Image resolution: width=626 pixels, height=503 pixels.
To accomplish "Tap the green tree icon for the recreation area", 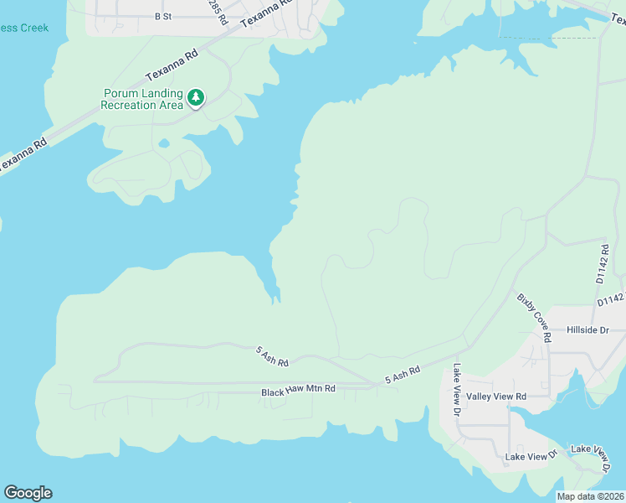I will click(x=196, y=98).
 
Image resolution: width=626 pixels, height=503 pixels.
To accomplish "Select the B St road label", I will click(x=162, y=16).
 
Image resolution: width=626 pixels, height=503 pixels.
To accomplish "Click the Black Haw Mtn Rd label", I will click(x=298, y=391).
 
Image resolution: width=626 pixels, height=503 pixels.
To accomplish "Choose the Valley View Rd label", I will click(x=496, y=396).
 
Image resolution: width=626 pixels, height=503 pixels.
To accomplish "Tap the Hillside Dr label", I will click(x=590, y=330).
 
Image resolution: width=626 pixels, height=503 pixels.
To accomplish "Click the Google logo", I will click(x=28, y=493).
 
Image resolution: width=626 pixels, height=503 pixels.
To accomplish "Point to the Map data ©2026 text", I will click(x=590, y=496).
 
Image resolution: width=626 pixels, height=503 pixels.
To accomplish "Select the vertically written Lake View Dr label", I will click(x=457, y=390).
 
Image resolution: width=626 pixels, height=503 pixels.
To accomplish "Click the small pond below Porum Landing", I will click(x=164, y=143).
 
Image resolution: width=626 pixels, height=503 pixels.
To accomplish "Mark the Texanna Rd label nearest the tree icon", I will click(x=171, y=63).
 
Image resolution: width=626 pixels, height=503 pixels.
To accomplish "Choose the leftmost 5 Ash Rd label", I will click(x=272, y=356).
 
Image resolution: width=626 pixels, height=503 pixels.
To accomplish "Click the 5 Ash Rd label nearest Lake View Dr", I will click(x=402, y=375).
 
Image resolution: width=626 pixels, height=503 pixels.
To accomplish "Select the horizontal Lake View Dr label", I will click(x=531, y=456).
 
